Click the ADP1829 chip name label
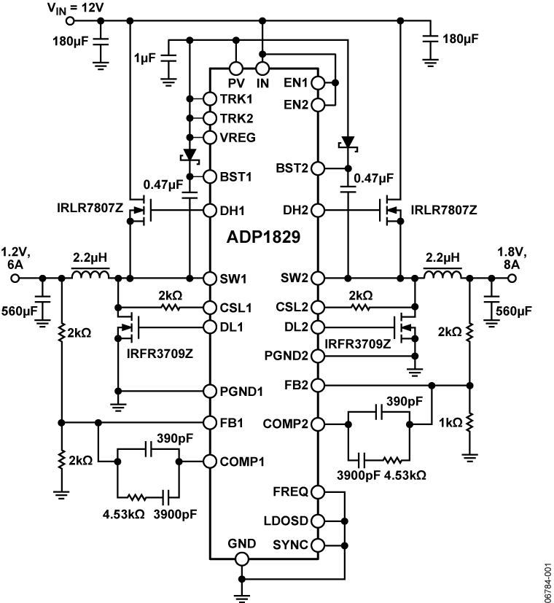click(x=263, y=238)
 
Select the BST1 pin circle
click(x=209, y=176)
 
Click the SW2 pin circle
click(x=319, y=278)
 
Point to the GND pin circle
click(x=241, y=559)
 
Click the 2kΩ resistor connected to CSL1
click(x=171, y=307)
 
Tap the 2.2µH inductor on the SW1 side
click(x=90, y=276)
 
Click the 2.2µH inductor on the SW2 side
click(x=442, y=276)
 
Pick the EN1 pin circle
click(x=319, y=82)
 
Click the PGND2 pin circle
click(x=319, y=356)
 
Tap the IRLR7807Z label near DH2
click(x=443, y=211)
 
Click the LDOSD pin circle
click(x=319, y=521)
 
